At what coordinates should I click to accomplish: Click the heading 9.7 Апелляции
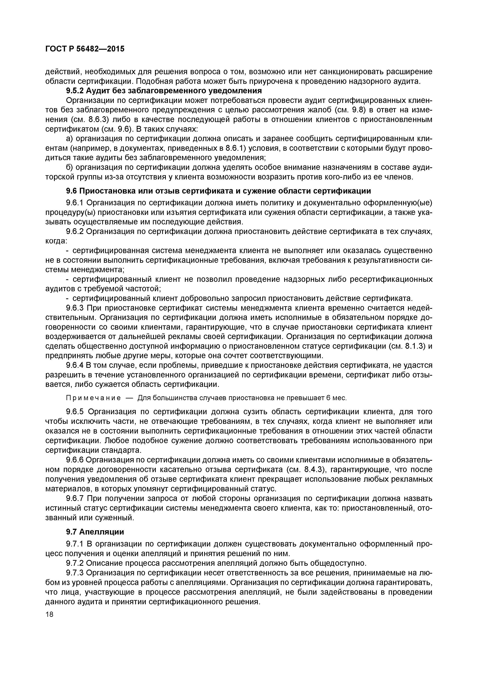tap(95, 532)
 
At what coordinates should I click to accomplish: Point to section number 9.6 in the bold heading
tap(72, 191)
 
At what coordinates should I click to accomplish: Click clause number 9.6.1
tap(75, 203)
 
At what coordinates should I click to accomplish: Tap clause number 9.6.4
tap(75, 365)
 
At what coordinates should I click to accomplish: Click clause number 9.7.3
tap(75, 573)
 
